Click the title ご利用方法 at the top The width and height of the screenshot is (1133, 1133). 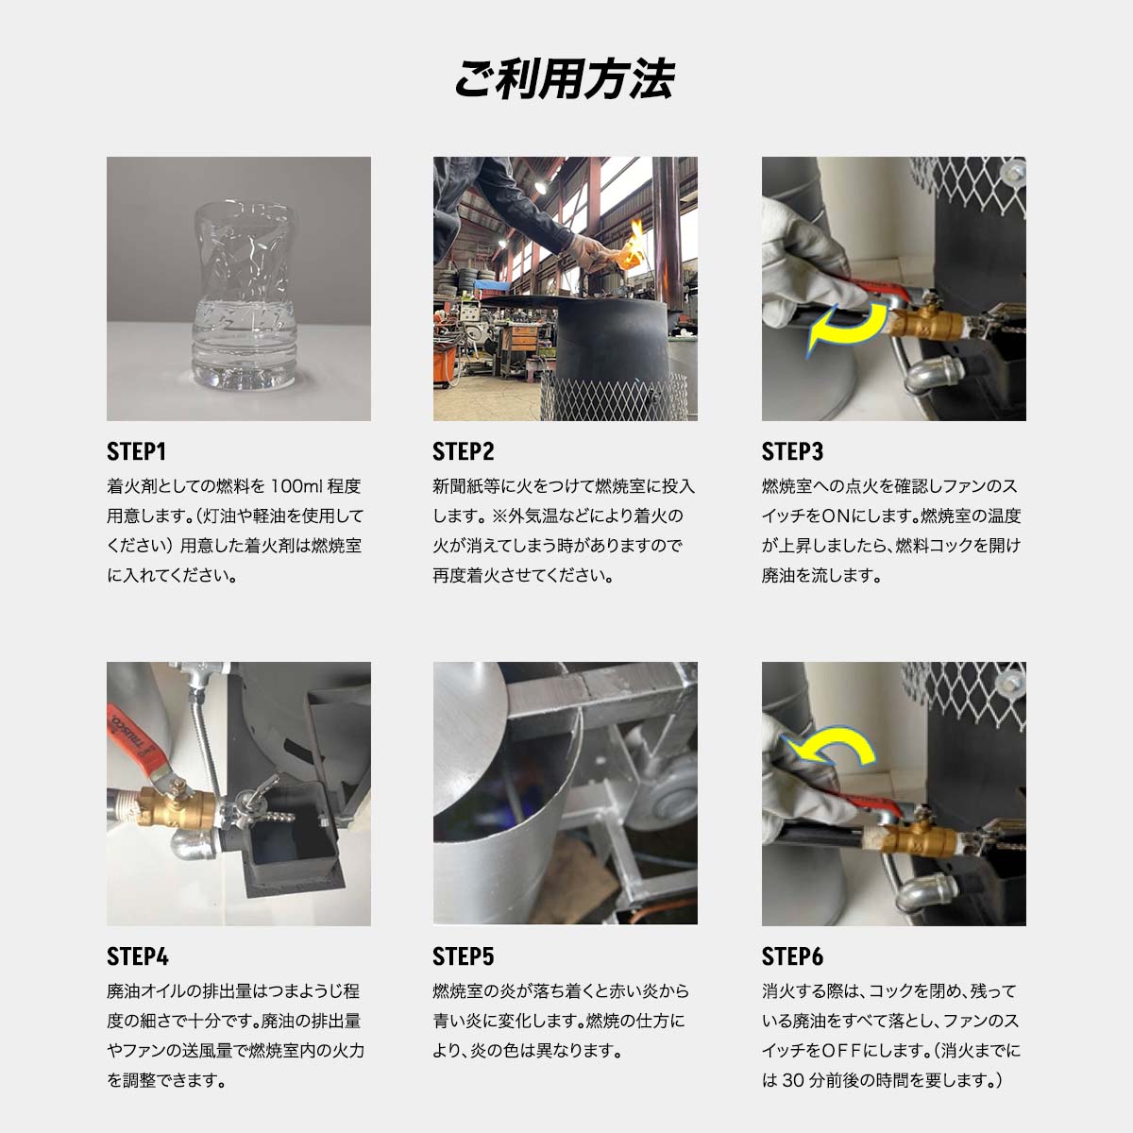pyautogui.click(x=565, y=79)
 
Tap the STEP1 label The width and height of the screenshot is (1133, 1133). pyautogui.click(x=137, y=451)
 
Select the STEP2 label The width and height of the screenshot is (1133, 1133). pyautogui.click(x=464, y=451)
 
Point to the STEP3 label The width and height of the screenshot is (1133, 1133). pyautogui.click(x=792, y=451)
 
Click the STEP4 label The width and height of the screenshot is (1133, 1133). pyautogui.click(x=137, y=956)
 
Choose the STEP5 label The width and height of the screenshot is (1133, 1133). pyautogui.click(x=464, y=956)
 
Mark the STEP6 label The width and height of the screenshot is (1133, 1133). pyautogui.click(x=792, y=956)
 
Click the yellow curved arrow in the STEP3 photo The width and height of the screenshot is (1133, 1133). pyautogui.click(x=846, y=330)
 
